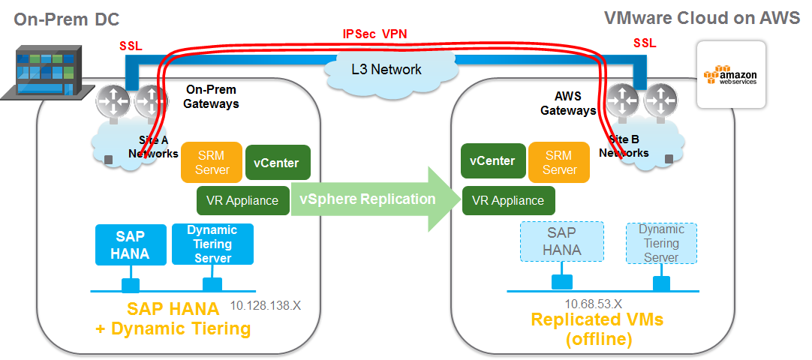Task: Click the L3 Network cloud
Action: (x=386, y=70)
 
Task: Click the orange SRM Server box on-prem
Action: (x=212, y=162)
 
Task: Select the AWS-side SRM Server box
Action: (x=559, y=162)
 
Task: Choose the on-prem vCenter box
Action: (x=277, y=162)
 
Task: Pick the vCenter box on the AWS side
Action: (x=492, y=161)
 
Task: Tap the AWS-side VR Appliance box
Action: (x=508, y=201)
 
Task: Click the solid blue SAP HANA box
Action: (x=131, y=244)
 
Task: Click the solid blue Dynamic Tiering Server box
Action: (x=212, y=244)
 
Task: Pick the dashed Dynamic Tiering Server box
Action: (x=660, y=242)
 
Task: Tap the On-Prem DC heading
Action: (x=67, y=19)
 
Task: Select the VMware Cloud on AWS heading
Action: (x=702, y=18)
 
